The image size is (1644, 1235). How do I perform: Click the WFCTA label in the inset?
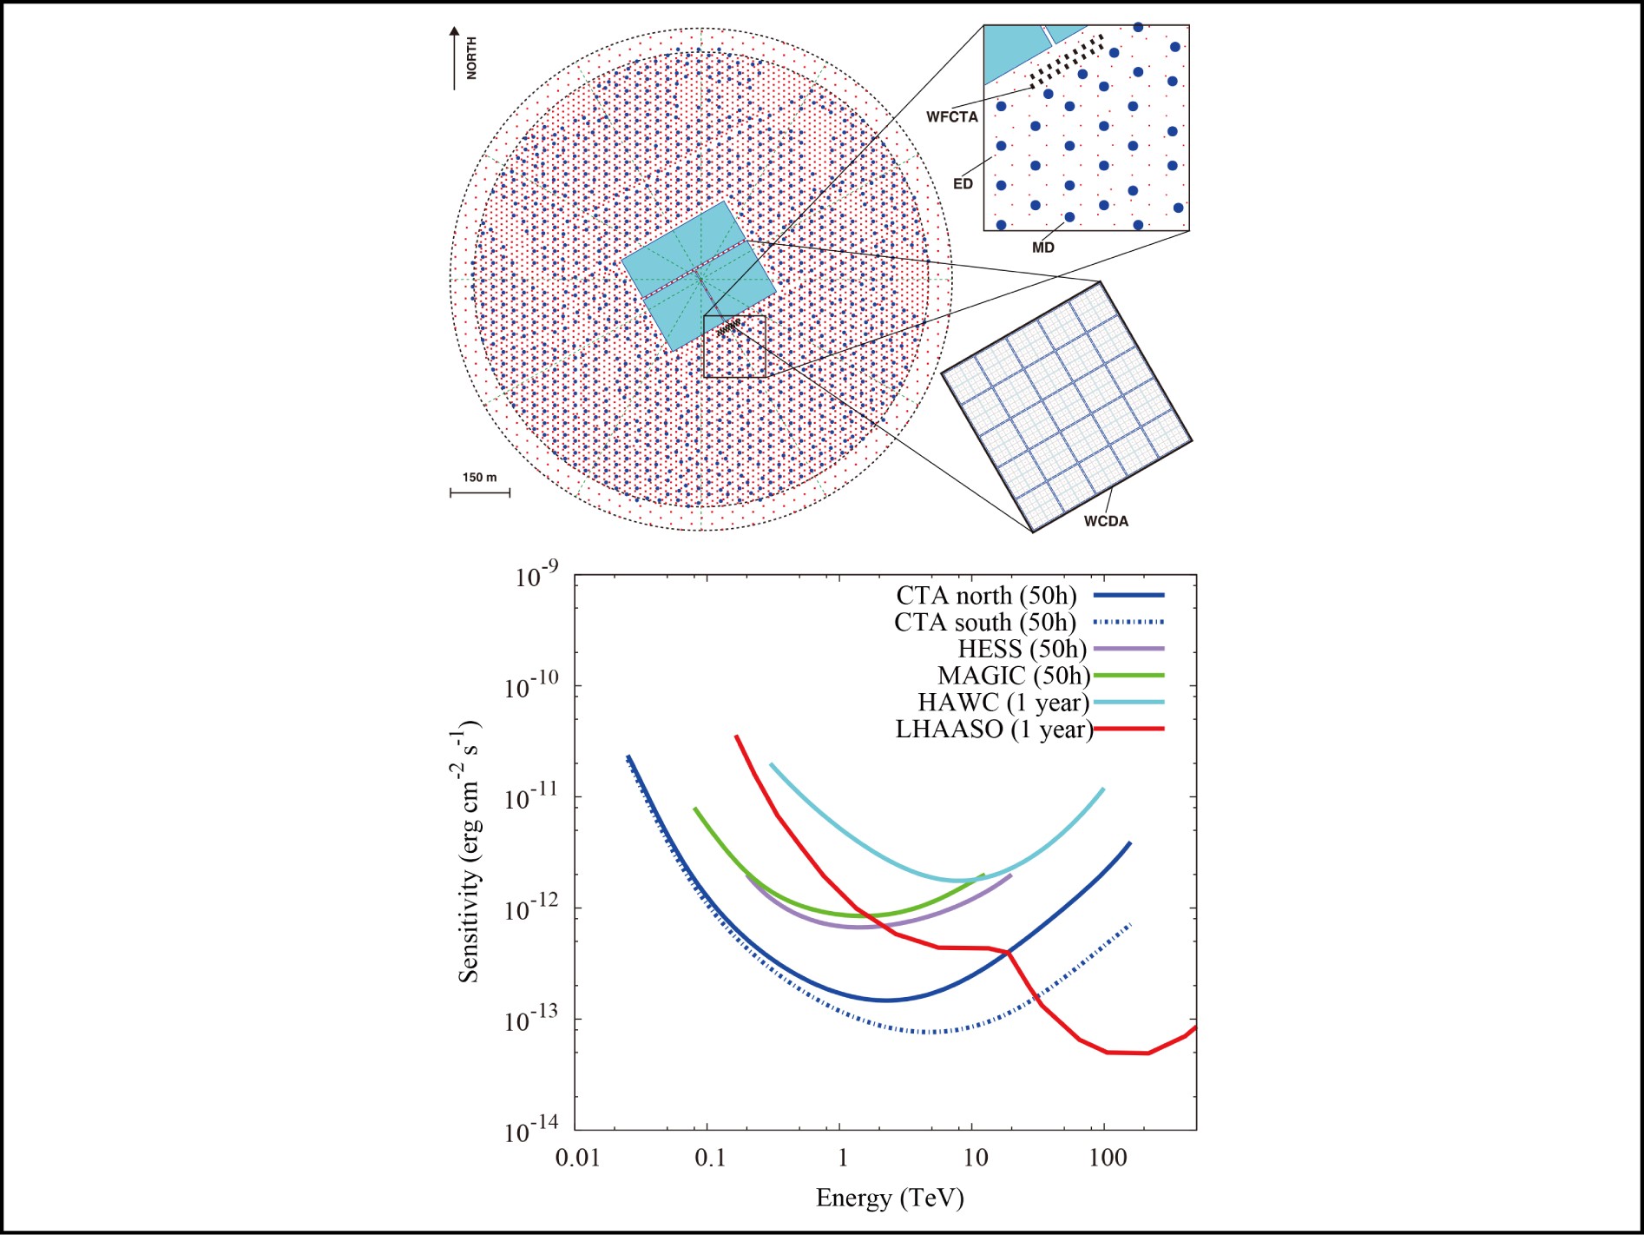[x=951, y=116]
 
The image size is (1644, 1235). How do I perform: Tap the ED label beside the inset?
[x=963, y=183]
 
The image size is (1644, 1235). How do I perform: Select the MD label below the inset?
[x=1042, y=248]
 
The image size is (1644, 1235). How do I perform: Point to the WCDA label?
[x=1106, y=521]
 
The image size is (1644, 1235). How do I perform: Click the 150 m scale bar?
[x=480, y=492]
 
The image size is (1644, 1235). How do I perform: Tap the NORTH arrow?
[x=454, y=57]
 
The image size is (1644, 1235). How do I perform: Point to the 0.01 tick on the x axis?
[x=577, y=1158]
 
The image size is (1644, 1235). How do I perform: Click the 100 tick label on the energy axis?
[x=1108, y=1158]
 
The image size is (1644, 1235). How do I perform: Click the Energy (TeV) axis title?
[x=890, y=1199]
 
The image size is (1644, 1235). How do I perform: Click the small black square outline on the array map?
[x=734, y=347]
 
